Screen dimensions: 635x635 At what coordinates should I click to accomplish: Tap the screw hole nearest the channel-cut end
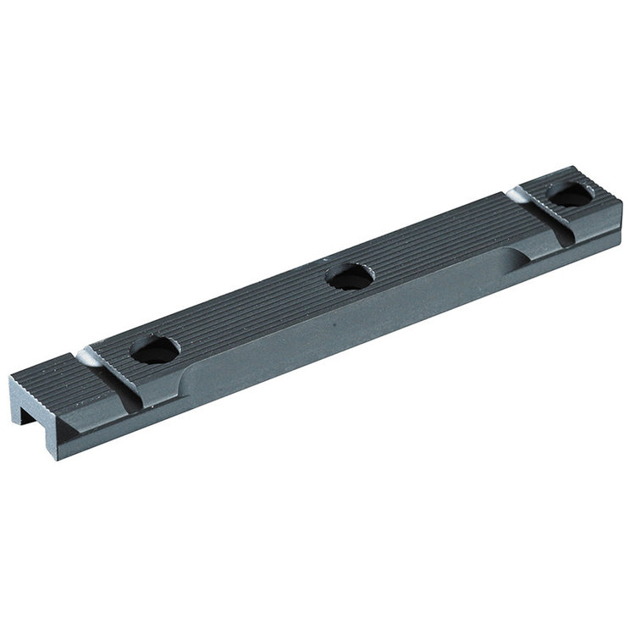tap(155, 349)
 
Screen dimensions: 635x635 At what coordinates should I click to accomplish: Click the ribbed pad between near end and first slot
tap(63, 377)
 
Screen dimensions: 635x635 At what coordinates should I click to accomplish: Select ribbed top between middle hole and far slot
tap(440, 241)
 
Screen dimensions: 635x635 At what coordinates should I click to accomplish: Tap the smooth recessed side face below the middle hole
tap(356, 330)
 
